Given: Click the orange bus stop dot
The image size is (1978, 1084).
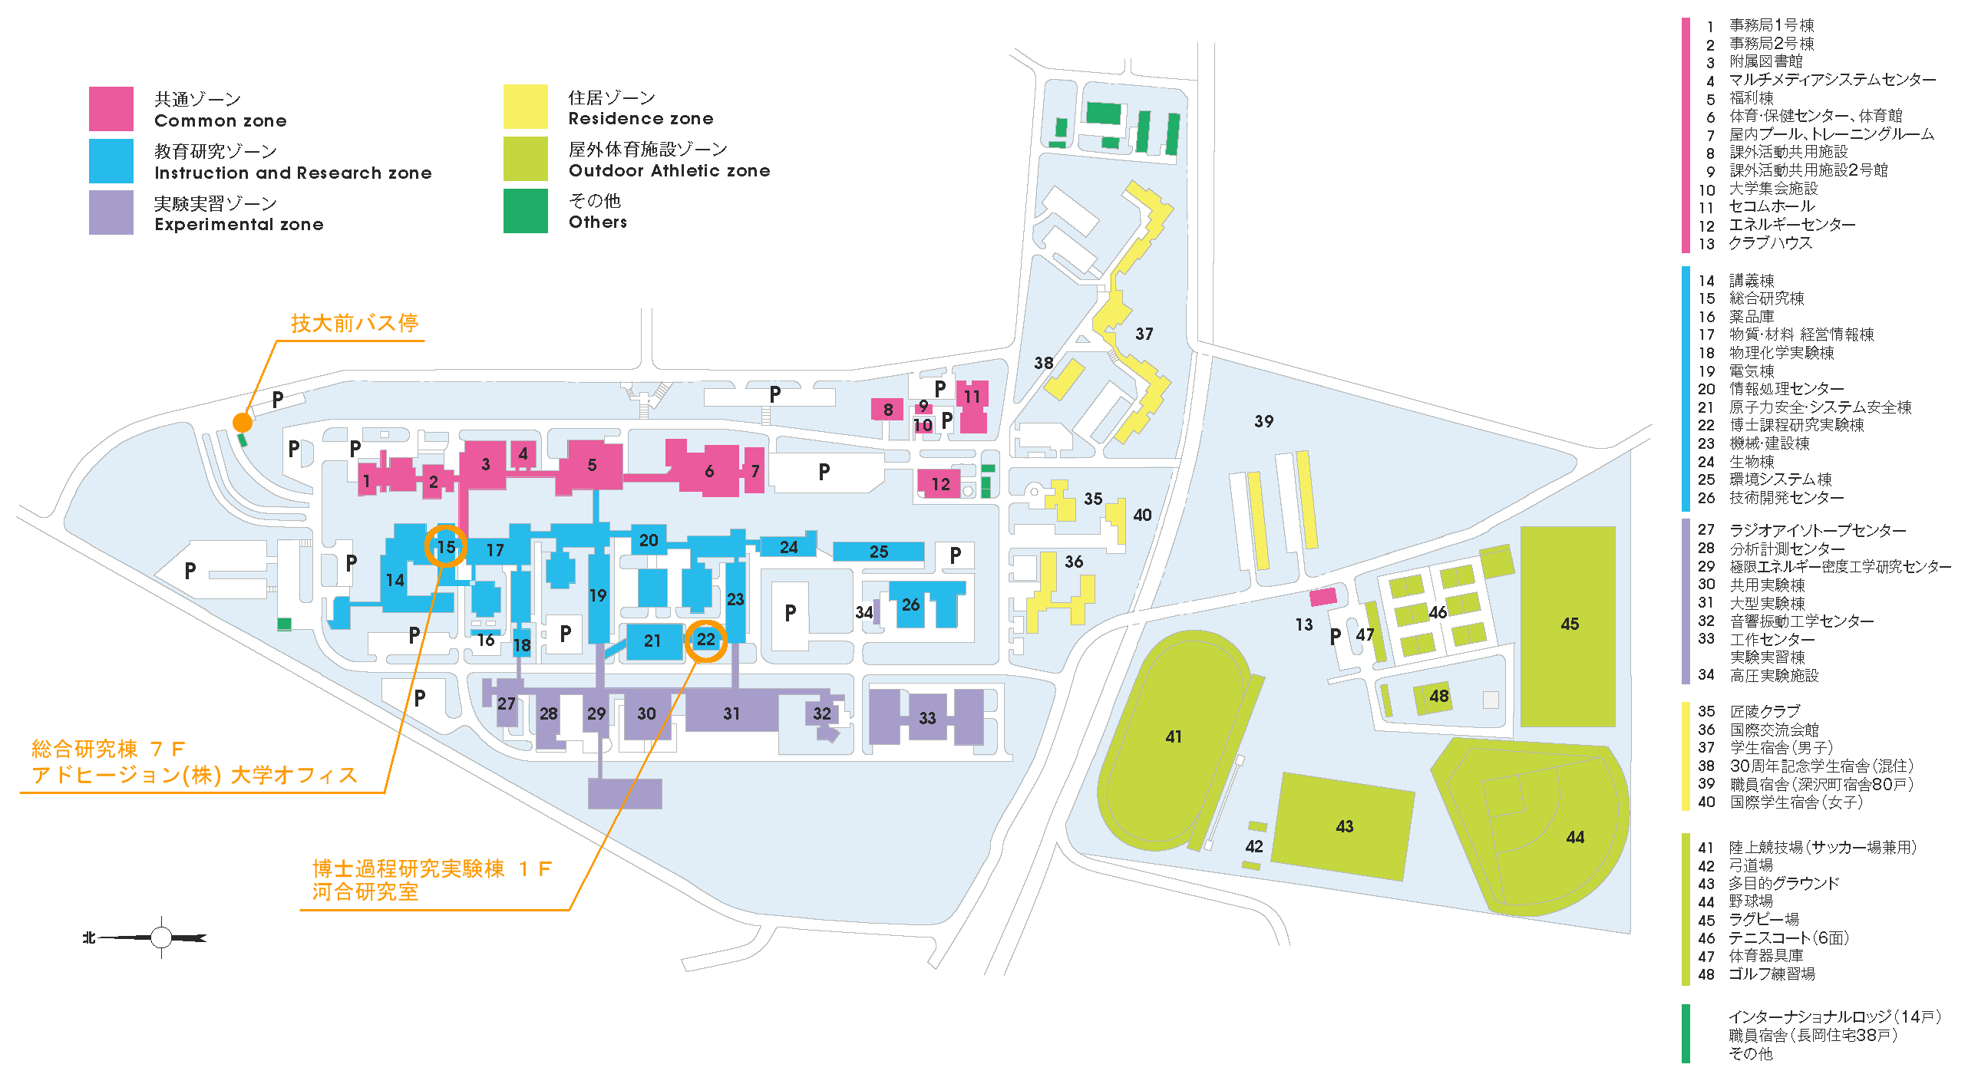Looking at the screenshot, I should tap(243, 422).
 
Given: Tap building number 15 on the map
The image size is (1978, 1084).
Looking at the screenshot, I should tap(446, 547).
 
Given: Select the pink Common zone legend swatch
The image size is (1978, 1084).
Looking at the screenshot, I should tap(111, 109).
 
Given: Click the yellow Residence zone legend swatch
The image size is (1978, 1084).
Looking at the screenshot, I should tap(525, 107).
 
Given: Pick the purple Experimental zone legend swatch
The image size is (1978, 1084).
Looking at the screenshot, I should tap(111, 213).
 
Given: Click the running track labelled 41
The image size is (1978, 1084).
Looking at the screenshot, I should tap(1173, 737).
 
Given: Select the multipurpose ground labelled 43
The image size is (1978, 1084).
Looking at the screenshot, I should tap(1344, 826).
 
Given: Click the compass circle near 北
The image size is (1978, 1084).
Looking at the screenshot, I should tap(161, 937).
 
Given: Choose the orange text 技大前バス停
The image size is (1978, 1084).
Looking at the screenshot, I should tap(354, 323).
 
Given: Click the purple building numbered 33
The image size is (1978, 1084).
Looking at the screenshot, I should tap(926, 718).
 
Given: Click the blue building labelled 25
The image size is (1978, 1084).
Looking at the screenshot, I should tap(878, 552).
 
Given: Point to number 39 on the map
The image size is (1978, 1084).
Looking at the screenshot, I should tap(1263, 420).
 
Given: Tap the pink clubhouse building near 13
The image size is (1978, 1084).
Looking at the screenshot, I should tap(1323, 598).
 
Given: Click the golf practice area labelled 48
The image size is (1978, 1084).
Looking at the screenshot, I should tap(1433, 697).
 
